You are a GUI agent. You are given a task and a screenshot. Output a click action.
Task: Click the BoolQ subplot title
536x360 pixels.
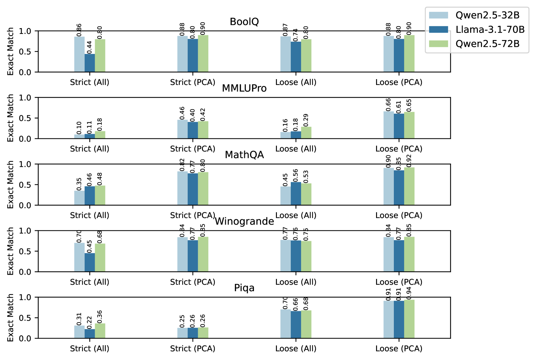click(x=244, y=22)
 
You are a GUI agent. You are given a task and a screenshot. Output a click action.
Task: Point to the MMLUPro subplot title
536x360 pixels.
click(x=244, y=88)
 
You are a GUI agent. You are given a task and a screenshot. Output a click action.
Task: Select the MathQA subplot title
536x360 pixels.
click(x=244, y=155)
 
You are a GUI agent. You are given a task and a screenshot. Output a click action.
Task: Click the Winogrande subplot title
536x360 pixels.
click(x=244, y=221)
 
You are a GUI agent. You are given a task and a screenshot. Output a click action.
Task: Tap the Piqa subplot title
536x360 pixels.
click(x=244, y=288)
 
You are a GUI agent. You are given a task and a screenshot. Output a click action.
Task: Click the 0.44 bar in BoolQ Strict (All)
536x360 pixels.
click(x=90, y=63)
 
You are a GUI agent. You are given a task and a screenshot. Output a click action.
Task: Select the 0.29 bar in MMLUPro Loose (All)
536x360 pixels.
click(x=306, y=133)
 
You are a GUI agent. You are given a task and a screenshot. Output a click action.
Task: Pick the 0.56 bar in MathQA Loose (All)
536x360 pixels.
click(x=296, y=194)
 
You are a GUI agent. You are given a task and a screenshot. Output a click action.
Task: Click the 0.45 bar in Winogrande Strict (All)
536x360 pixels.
click(x=90, y=262)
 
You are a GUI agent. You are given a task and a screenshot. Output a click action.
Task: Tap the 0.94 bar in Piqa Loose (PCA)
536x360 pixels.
click(x=409, y=319)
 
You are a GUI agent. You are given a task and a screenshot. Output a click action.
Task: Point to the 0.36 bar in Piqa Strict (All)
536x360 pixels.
click(x=100, y=331)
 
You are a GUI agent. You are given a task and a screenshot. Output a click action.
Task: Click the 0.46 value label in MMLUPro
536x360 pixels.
click(x=182, y=113)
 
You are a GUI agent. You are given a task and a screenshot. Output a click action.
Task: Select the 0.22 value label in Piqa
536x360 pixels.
click(x=89, y=322)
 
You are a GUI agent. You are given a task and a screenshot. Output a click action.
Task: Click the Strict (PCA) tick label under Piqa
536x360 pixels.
click(x=193, y=349)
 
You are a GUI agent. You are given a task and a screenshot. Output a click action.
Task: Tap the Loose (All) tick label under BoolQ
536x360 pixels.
click(x=296, y=82)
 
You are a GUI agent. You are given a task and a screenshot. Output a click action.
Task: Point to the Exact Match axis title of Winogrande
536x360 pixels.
click(x=11, y=251)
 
